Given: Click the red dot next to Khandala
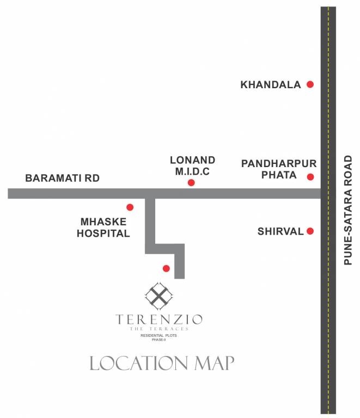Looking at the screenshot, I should click(x=310, y=84).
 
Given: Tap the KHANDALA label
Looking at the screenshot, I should click(x=271, y=85).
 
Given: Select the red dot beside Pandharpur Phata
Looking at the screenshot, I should click(x=310, y=177).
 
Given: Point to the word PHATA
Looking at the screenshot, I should click(x=279, y=175).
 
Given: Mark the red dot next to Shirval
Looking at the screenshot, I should click(x=310, y=231).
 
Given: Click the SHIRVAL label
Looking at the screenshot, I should click(x=280, y=231).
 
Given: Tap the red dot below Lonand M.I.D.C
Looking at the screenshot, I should click(x=191, y=183).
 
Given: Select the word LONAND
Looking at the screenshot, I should click(x=193, y=160).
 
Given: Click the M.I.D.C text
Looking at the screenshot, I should click(x=193, y=172).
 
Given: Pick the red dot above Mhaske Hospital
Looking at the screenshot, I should click(x=130, y=207).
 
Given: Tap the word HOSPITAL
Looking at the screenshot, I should click(x=103, y=234).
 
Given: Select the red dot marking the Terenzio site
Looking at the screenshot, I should click(x=166, y=268).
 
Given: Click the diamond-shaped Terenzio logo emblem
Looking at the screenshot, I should click(x=158, y=296).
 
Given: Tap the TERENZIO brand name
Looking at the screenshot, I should click(x=160, y=319).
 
